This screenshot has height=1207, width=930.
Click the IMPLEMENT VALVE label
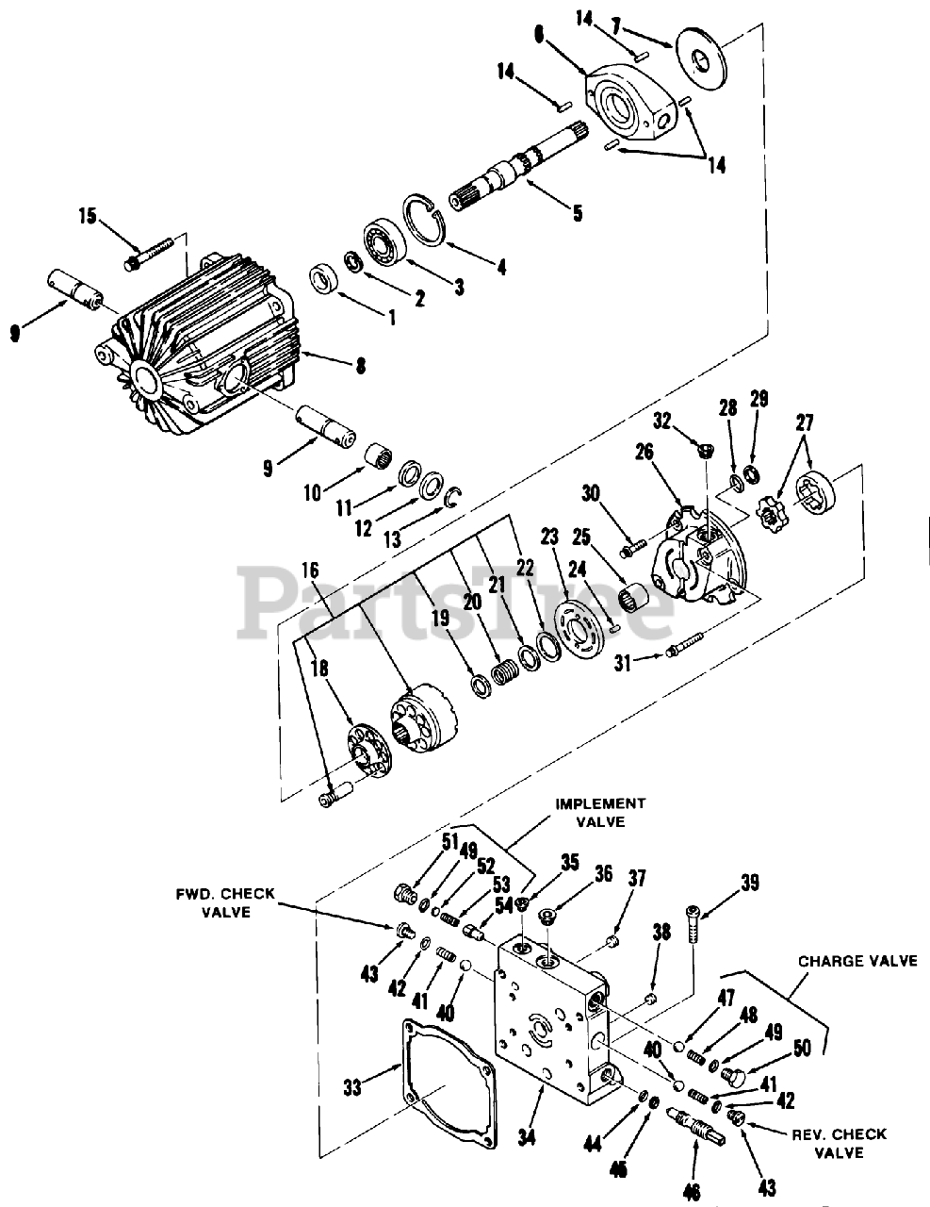pos(599,812)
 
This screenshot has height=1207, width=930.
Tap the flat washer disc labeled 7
pos(700,61)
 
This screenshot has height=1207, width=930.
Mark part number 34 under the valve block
pos(526,1137)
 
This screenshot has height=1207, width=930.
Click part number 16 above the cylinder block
pos(310,570)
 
